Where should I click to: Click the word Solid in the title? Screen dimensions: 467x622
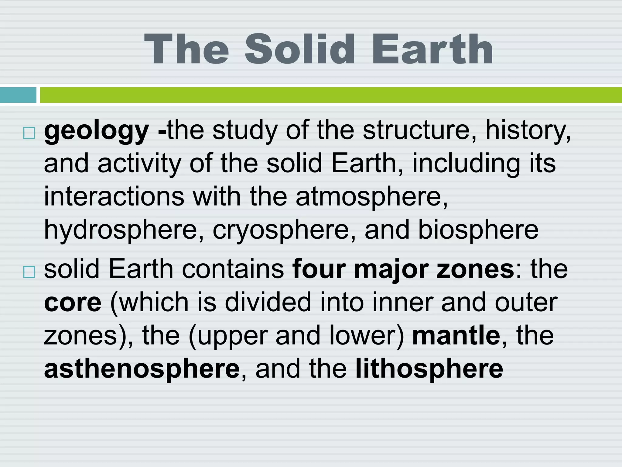pos(299,49)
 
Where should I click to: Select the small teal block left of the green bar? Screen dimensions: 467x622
pos(18,95)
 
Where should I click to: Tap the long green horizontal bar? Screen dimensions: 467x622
pos(330,95)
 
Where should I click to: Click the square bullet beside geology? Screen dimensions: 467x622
pos(29,133)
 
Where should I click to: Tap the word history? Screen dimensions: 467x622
pos(528,131)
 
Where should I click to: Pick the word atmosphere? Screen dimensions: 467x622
pos(371,197)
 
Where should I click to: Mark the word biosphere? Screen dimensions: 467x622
pos(478,230)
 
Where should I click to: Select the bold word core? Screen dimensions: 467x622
pos(73,303)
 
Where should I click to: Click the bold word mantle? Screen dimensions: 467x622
pos(456,335)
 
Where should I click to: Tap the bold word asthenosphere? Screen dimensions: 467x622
pos(142,369)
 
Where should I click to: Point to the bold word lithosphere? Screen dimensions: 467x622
pos(429,369)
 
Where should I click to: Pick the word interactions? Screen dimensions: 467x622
pos(114,196)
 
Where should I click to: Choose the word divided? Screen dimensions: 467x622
pos(268,302)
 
